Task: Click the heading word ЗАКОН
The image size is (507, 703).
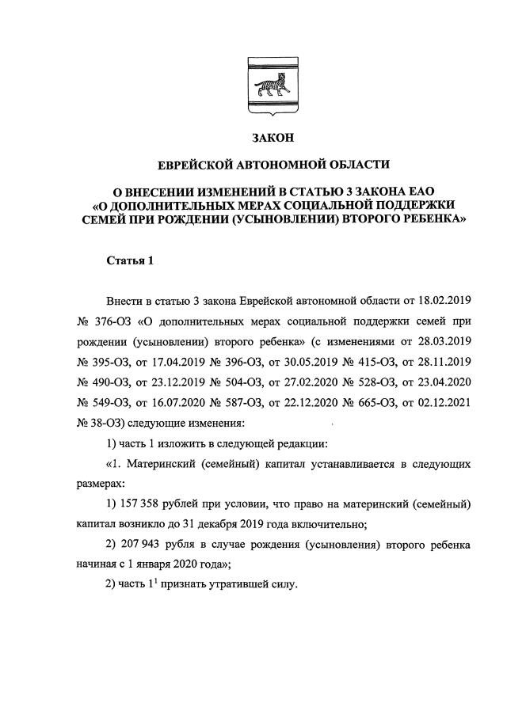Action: coord(273,139)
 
